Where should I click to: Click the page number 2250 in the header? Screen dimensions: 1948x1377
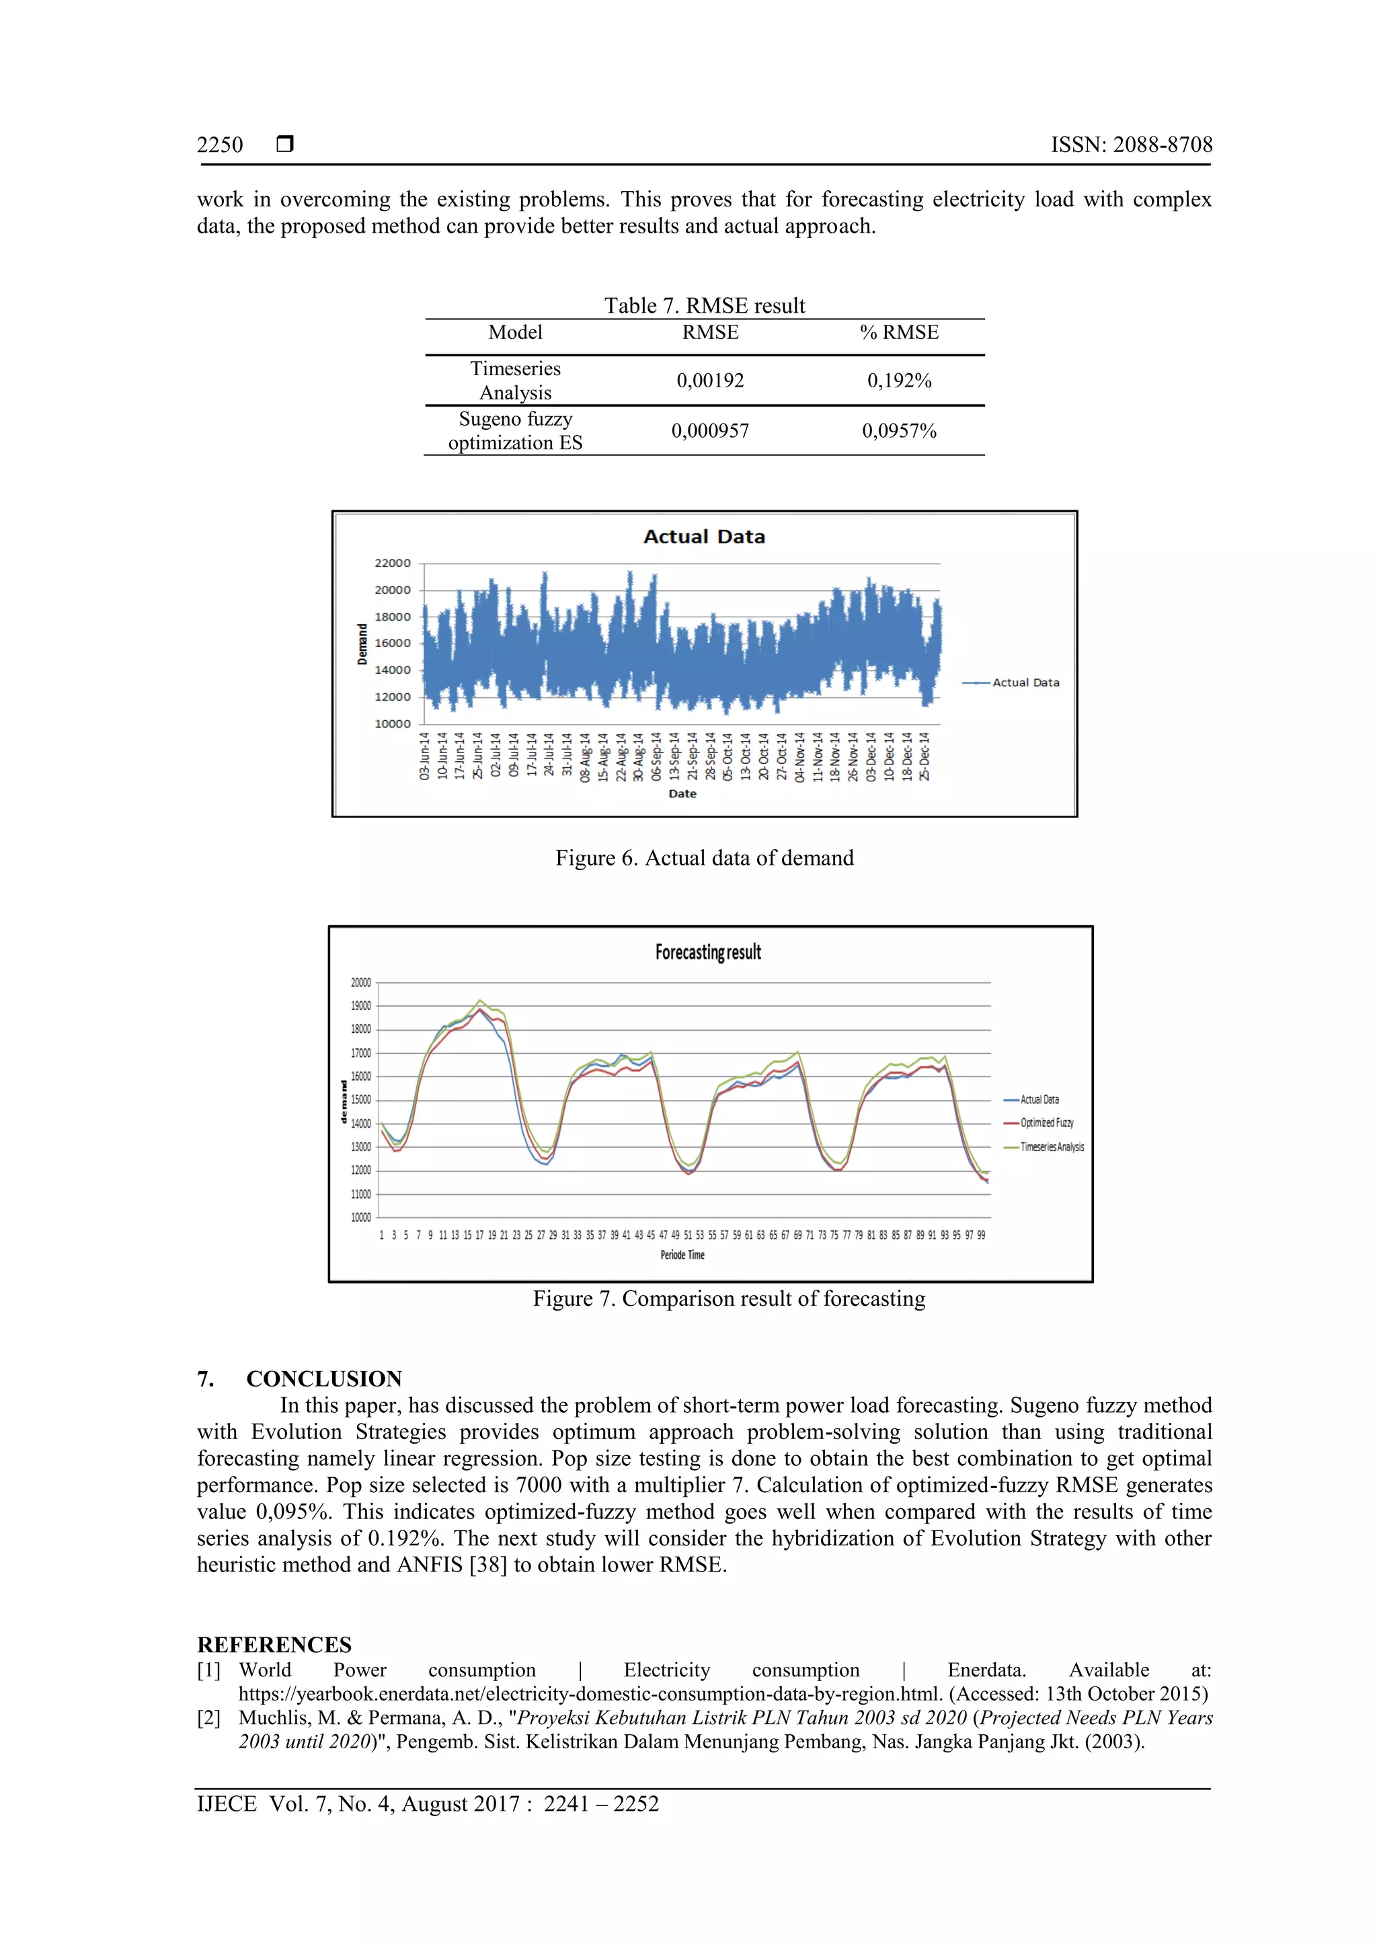220,145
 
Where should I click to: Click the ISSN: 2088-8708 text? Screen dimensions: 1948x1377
1131,145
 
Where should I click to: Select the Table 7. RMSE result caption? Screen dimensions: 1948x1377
704,305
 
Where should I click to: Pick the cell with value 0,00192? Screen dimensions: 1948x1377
710,381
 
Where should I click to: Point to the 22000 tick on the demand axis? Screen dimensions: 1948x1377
392,563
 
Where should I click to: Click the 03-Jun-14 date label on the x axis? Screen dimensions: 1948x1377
425,756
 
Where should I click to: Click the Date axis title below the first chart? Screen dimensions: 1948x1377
682,794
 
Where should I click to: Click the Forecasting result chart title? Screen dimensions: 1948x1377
707,952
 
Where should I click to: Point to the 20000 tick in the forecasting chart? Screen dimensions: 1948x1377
360,982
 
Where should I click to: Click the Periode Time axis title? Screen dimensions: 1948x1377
682,1255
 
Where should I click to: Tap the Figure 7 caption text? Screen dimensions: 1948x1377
729,1299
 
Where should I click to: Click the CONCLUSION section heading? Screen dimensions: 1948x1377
323,1378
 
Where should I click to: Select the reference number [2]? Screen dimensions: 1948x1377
208,1718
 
